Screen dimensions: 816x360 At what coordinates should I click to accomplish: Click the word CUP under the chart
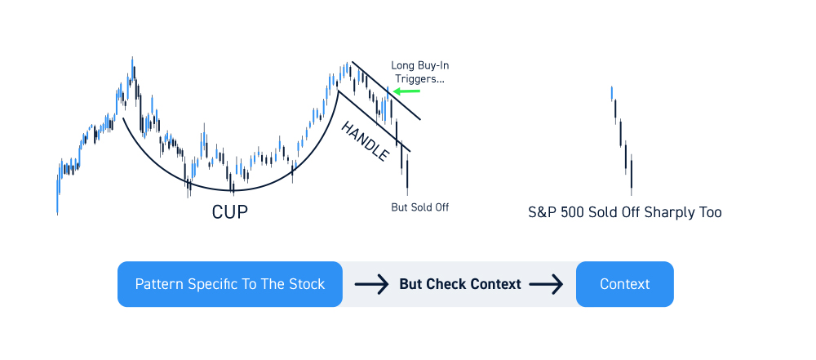pos(229,212)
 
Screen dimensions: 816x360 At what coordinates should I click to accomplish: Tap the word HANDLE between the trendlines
pos(365,141)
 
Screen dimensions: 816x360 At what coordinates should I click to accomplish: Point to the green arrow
pos(406,91)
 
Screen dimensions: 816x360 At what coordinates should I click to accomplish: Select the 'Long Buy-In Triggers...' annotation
pos(420,73)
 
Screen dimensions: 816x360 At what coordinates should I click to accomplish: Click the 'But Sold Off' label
pos(420,207)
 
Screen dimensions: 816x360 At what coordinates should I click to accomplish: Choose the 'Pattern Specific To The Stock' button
pos(230,284)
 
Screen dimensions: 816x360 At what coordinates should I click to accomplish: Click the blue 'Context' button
pos(624,284)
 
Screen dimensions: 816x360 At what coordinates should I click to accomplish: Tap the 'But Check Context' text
pos(460,284)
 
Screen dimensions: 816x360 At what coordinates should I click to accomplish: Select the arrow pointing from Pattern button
pos(371,284)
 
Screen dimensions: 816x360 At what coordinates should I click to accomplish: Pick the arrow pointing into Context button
pos(547,284)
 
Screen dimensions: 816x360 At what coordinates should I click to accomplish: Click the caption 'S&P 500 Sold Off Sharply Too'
pos(625,212)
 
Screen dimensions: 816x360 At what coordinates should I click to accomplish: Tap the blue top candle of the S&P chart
pos(612,93)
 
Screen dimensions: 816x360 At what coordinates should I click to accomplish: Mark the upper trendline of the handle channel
pos(386,91)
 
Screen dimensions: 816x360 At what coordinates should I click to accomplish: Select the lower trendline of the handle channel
pos(375,122)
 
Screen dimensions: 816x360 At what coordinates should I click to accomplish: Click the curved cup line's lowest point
pos(232,191)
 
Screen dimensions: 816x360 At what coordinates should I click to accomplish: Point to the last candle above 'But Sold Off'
pos(407,175)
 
